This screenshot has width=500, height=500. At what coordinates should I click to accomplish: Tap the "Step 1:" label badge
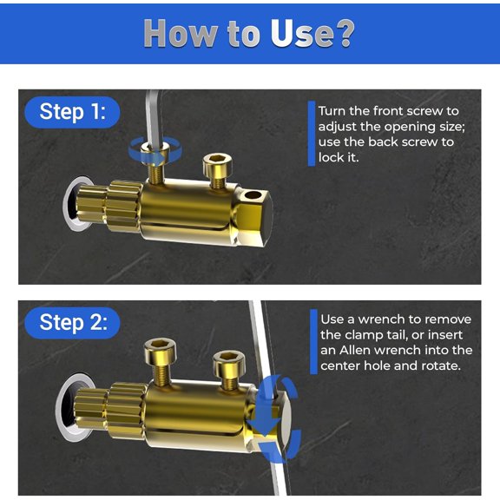point(73,112)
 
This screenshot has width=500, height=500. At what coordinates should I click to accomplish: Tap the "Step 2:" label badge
point(74,323)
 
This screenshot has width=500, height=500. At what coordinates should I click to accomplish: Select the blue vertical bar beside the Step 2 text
point(312,341)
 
